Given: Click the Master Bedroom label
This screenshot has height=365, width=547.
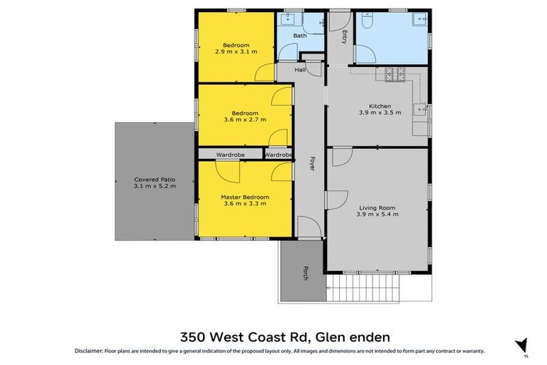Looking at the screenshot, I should coord(245,197).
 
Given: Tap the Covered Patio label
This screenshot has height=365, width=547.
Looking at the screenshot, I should coord(154,180).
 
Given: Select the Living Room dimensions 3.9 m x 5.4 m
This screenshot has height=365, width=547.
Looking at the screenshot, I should coord(378,214).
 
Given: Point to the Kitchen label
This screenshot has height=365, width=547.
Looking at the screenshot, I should coord(380,106).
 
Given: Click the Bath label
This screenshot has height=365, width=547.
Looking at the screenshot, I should coord(300,35).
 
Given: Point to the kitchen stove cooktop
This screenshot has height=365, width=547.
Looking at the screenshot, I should coord(395,73).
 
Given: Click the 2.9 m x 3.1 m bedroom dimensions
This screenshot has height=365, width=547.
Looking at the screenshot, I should coord(235,51).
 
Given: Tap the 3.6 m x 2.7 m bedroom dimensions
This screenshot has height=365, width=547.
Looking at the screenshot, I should coord(245,120).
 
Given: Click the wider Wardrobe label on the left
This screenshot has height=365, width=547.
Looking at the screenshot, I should coord(231,155).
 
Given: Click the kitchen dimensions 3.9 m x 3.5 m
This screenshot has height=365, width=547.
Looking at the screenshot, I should coord(380,113).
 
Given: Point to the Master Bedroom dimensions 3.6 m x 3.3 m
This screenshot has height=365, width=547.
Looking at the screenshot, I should coord(245,204).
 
